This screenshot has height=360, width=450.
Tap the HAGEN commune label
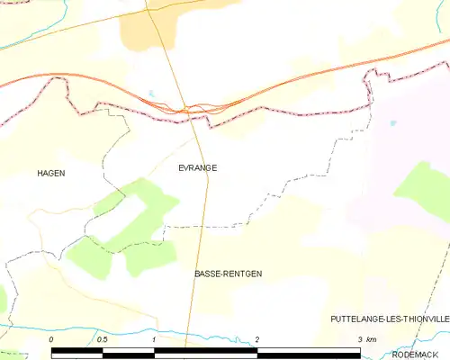pyautogui.click(x=51, y=172)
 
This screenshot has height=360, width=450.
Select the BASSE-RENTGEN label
pyautogui.click(x=228, y=273)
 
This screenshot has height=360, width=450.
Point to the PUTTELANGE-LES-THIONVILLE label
pyautogui.click(x=389, y=319)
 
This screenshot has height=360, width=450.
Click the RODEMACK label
pyautogui.click(x=423, y=354)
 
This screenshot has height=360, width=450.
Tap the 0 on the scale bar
pyautogui.click(x=52, y=338)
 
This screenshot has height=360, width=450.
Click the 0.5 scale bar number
pyautogui.click(x=103, y=338)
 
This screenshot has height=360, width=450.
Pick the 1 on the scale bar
pyautogui.click(x=155, y=338)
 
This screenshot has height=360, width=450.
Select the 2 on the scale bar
pyautogui.click(x=257, y=338)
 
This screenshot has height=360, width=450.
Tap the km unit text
pyautogui.click(x=373, y=338)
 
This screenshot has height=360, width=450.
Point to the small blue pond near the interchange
pyautogui.click(x=153, y=93)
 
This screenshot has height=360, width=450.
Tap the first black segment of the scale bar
pyautogui.click(x=77, y=352)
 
